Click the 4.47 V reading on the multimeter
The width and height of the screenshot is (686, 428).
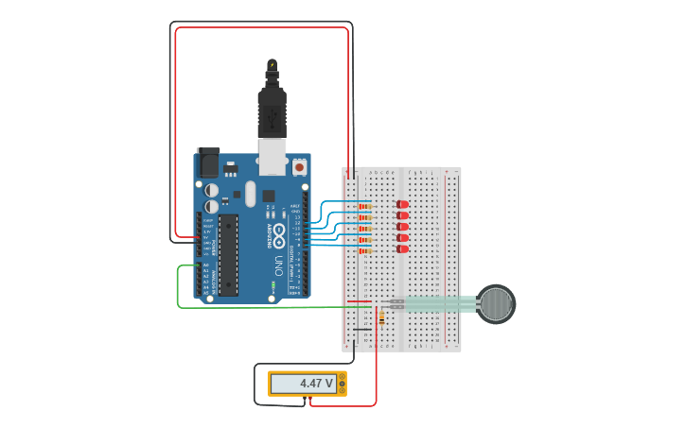[x=316, y=384]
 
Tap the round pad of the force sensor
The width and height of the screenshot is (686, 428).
[x=496, y=303]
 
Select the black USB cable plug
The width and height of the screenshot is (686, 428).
[x=272, y=111]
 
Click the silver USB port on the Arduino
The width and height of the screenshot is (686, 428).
[x=273, y=156]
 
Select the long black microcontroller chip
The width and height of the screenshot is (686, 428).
[x=228, y=254]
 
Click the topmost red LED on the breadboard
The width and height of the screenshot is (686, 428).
[x=402, y=204]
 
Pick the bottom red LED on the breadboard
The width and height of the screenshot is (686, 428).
[x=402, y=249]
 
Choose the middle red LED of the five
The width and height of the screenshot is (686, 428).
[x=402, y=227]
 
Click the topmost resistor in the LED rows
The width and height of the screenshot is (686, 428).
[x=364, y=205]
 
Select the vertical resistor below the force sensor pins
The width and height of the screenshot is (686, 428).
[x=381, y=318]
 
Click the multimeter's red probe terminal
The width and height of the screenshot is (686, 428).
[x=342, y=387]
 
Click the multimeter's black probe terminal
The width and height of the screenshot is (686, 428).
[x=342, y=380]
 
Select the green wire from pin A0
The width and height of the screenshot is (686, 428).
[x=179, y=288]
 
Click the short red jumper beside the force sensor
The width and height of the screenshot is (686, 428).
[x=359, y=301]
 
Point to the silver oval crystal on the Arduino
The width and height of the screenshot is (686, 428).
[x=251, y=194]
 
